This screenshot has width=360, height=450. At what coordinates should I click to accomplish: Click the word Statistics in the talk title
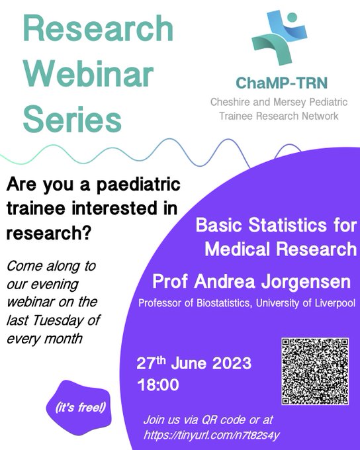click(x=289, y=226)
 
